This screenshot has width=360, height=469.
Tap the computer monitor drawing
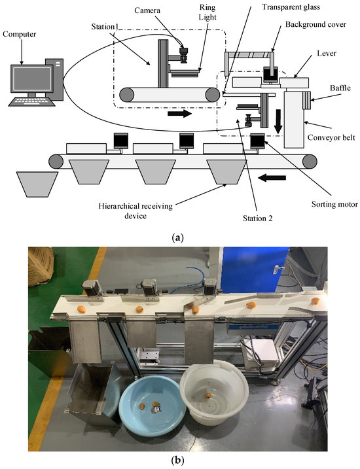click(29, 77)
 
